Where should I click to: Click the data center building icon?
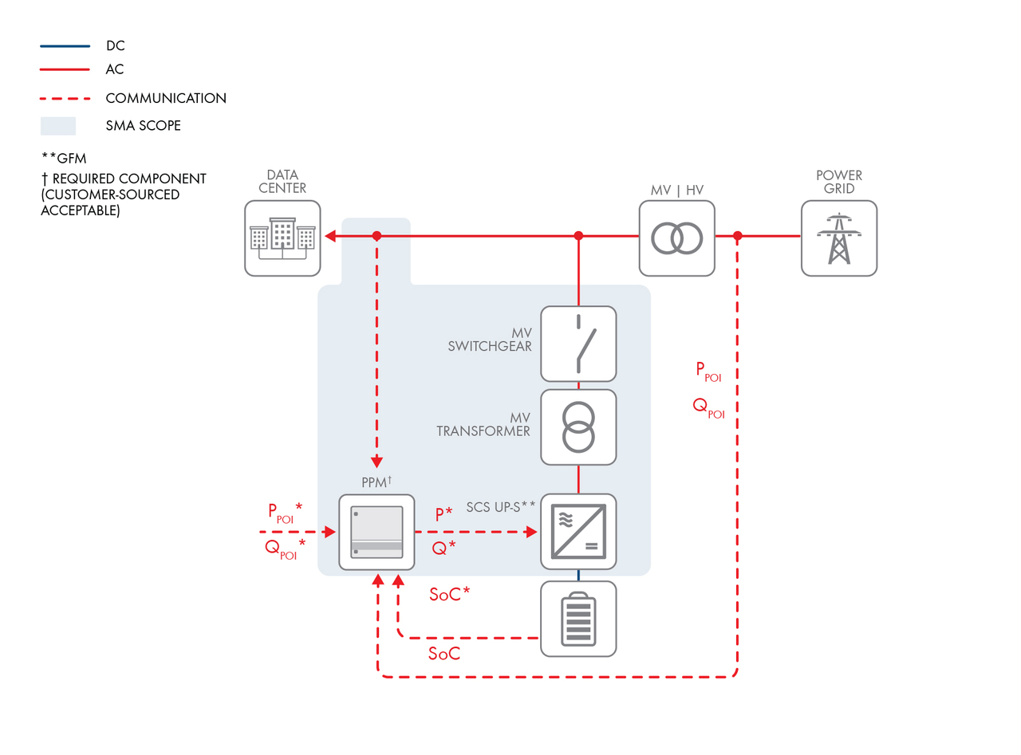pos(282,238)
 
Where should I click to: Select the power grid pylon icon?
pos(838,238)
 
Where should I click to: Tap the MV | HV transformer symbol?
pos(676,238)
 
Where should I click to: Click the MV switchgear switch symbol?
pos(584,344)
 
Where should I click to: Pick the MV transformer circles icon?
pos(578,427)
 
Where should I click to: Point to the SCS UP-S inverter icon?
pos(578,532)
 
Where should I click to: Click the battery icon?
pos(578,619)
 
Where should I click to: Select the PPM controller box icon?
pos(376,532)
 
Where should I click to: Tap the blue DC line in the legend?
pos(65,46)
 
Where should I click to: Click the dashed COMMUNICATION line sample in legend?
pos(65,98)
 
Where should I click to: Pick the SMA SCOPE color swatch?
pos(58,126)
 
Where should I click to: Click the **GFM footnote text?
pos(64,158)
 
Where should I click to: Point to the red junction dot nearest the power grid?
pos(738,236)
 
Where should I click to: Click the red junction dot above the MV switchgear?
pos(578,236)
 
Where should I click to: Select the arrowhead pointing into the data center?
pos(330,236)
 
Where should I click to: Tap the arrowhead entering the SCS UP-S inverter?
pos(532,532)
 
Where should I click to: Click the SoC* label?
pos(449,594)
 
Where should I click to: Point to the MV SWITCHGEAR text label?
pos(490,339)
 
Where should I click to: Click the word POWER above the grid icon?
pos(838,175)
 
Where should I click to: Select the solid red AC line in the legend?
pos(65,69)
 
